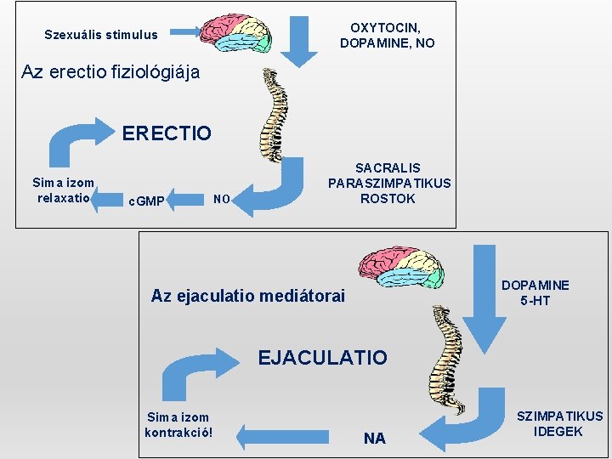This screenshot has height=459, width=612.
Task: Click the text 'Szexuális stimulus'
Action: pos(101,35)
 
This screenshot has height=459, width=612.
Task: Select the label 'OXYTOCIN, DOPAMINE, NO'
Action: pos(387,35)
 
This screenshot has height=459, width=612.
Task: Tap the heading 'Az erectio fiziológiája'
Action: pos(110,72)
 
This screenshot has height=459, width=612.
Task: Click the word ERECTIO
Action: pos(167,133)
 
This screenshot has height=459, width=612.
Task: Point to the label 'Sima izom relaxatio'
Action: pos(63,190)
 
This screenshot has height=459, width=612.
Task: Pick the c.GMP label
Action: pos(145,201)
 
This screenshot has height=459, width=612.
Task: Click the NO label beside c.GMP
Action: pos(221,200)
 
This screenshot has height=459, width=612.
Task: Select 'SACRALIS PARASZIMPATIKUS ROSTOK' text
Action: pos(389,184)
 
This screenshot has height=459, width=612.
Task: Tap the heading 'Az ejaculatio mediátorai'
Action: pos(248,296)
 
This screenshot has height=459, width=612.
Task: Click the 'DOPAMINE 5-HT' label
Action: pos(535,292)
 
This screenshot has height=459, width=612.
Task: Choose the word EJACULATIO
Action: pos(322,358)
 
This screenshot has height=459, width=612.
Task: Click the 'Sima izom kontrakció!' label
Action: pos(178,424)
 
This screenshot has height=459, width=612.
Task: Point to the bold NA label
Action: pos(374,439)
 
